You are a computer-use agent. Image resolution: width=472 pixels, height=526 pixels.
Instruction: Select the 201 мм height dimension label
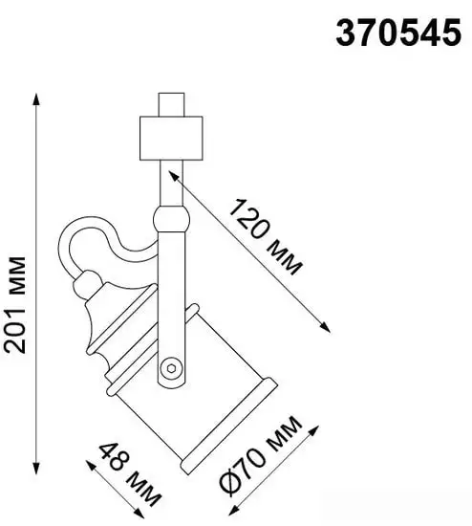(x=16, y=303)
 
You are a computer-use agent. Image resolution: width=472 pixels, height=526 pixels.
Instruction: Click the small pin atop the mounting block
(x=167, y=103)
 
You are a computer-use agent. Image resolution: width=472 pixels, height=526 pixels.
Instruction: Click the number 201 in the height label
(x=16, y=330)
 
